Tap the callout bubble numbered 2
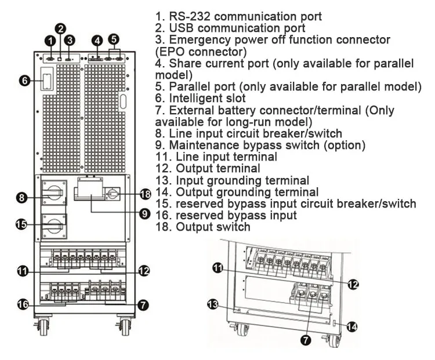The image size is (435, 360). [60, 28]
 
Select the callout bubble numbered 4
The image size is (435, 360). [97, 40]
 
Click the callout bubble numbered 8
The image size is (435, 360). [22, 198]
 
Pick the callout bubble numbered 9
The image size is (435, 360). [144, 213]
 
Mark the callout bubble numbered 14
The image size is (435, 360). [352, 326]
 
